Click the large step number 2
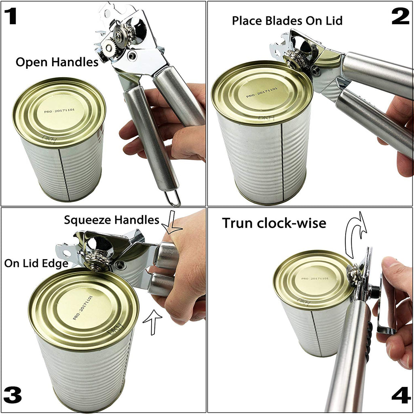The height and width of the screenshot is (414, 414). (x=401, y=16)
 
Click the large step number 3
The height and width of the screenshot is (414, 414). (x=13, y=395)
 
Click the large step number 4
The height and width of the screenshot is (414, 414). (x=401, y=395)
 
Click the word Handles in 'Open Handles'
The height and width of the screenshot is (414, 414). (x=75, y=62)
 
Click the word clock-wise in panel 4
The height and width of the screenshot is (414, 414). (x=291, y=223)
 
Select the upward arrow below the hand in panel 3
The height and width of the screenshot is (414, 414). (x=152, y=322)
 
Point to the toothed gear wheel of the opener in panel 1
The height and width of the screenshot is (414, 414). (x=109, y=48)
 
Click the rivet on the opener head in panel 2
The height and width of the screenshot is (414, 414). (x=315, y=70)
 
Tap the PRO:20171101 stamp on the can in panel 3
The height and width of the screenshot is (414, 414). (x=83, y=307)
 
